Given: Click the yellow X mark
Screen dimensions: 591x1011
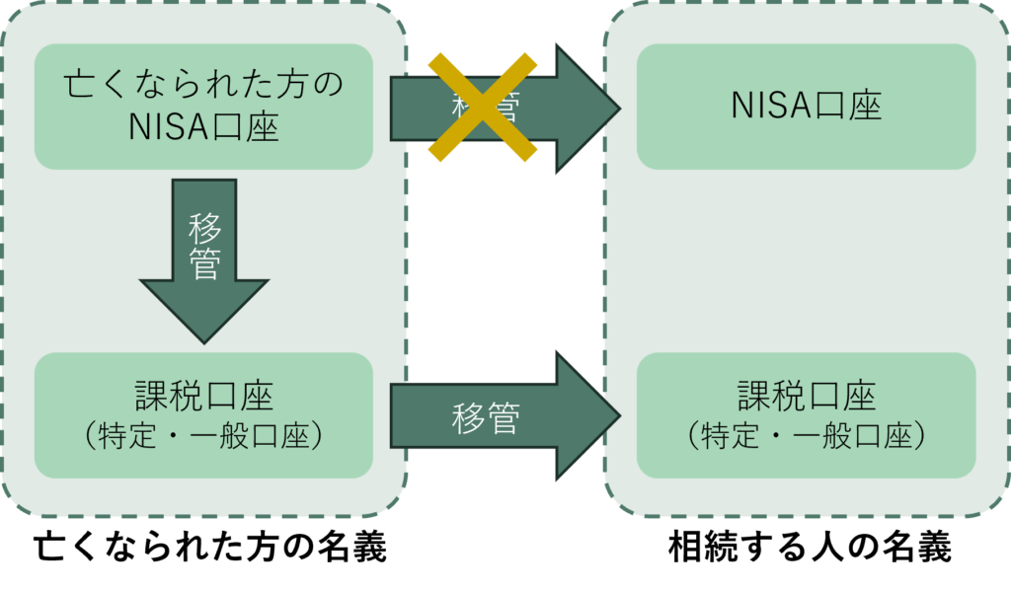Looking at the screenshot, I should click(483, 107).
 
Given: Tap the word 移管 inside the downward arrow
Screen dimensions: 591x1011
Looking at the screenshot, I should click(204, 246).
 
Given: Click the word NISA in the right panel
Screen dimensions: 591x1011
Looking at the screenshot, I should click(768, 106).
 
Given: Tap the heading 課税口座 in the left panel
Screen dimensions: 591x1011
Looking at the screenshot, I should click(203, 396).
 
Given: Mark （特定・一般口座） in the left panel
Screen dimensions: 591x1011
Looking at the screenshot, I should click(203, 436).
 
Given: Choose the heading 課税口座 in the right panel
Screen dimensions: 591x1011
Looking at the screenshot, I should click(806, 396).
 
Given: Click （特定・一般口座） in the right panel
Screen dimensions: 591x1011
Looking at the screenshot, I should click(806, 436).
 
